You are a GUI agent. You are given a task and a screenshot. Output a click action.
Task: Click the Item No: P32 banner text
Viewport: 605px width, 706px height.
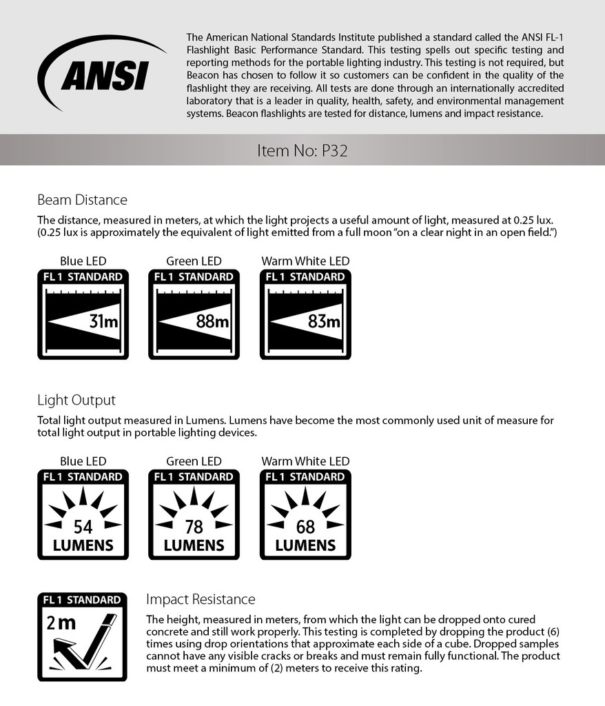point(302,150)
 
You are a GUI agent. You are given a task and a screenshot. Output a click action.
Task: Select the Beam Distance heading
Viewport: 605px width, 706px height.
point(82,200)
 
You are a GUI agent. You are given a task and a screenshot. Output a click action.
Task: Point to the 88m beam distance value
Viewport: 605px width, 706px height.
point(213,321)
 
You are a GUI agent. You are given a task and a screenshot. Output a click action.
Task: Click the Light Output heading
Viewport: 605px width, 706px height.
point(76,400)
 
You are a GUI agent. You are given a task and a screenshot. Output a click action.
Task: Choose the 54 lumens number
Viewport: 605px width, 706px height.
point(83,527)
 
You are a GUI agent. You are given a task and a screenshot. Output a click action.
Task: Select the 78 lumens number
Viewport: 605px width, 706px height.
point(194,527)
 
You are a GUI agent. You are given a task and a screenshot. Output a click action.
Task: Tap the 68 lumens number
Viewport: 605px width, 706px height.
point(305,527)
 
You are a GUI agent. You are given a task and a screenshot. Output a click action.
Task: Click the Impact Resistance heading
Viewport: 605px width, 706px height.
point(201,599)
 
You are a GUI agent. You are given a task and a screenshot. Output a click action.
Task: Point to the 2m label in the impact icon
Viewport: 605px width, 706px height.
point(61,623)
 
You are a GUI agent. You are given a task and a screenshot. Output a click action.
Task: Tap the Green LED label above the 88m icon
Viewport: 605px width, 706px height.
point(194,261)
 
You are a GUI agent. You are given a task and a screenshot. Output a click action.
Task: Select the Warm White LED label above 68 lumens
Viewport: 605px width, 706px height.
point(305,461)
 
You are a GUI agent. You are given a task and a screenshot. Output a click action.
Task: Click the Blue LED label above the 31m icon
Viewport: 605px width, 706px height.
point(83,261)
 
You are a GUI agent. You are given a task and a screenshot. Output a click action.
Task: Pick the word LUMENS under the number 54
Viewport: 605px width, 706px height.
point(83,545)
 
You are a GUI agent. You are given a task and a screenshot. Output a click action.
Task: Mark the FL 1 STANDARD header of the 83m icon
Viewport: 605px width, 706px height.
point(305,277)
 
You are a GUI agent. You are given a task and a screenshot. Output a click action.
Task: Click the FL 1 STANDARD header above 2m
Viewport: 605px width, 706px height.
point(83,600)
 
